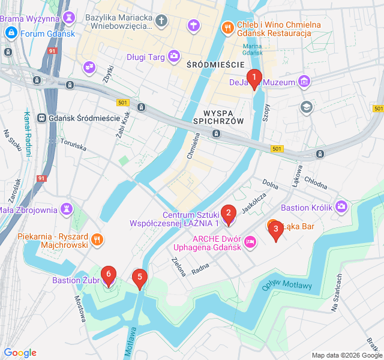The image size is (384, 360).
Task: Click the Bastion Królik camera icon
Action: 341,207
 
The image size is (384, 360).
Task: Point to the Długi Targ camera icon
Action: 174,57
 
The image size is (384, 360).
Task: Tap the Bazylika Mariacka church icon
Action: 161,22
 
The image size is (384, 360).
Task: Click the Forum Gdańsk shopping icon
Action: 10,33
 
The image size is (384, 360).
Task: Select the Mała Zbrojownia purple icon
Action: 67,209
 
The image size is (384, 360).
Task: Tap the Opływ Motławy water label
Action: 288,284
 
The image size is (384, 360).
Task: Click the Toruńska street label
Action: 73,145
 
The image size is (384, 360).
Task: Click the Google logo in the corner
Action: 20,353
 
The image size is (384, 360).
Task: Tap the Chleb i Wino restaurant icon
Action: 227,27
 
